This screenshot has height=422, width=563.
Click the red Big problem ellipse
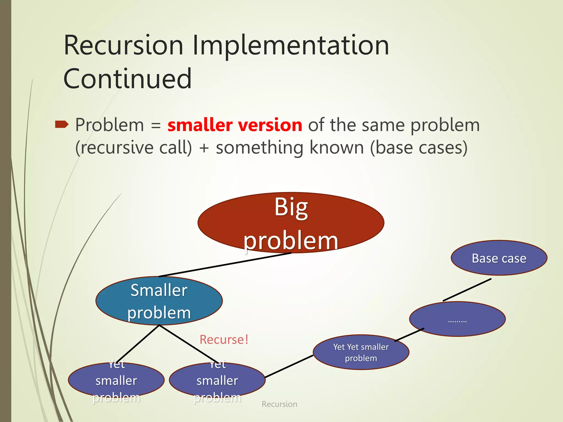tap(291, 223)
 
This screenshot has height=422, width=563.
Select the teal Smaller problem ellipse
tap(159, 301)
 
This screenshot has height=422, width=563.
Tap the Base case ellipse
tap(499, 258)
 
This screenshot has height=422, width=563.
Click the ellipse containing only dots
tap(457, 319)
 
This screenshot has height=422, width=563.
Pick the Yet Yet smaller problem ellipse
tap(361, 352)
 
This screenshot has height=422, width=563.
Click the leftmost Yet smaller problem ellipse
tap(116, 381)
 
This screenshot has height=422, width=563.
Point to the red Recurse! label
tap(224, 340)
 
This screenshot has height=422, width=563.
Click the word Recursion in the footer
tap(279, 404)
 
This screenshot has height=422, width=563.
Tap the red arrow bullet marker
tap(62, 124)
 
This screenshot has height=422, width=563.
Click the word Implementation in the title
tap(291, 45)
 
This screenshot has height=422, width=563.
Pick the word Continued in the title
tap(127, 79)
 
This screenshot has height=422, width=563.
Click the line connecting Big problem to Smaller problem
tap(225, 265)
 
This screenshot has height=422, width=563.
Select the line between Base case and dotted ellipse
tap(467, 290)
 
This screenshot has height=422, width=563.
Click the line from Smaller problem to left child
tap(137, 344)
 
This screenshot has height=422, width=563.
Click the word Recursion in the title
tap(123, 45)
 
